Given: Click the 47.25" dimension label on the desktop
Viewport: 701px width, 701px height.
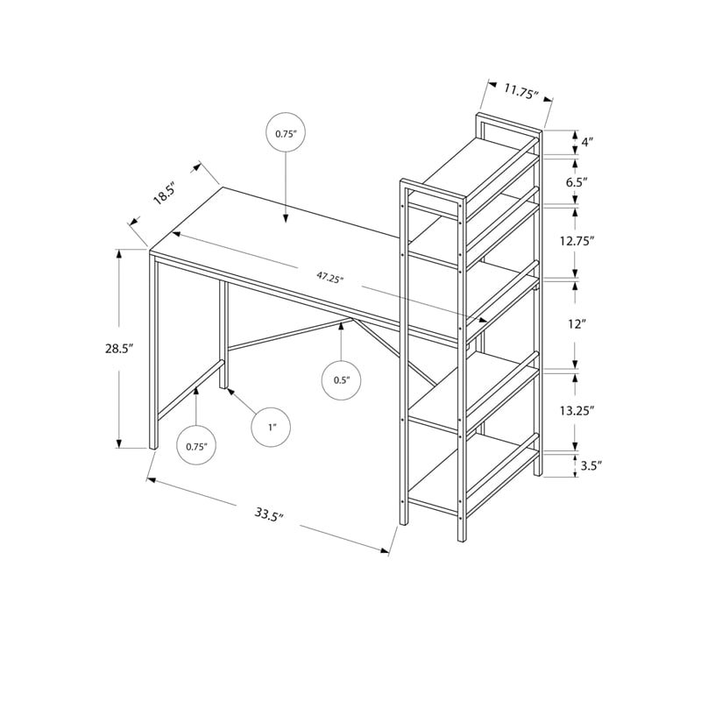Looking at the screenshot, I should (x=329, y=278).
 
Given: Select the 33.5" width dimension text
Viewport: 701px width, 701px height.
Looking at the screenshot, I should (x=266, y=514).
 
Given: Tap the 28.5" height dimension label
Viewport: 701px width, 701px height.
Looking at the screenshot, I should (x=117, y=349).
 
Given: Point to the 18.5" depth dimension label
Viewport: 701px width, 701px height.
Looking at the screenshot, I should (x=164, y=192).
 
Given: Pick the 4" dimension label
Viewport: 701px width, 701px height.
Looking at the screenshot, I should (x=587, y=141).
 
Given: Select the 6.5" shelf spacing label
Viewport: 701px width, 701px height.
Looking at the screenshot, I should (x=587, y=182).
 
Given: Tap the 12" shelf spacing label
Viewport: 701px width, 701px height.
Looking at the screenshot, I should (x=576, y=324).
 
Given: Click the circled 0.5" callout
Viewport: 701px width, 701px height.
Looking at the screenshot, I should (x=341, y=380).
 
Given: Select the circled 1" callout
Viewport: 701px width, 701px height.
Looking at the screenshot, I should (x=273, y=428).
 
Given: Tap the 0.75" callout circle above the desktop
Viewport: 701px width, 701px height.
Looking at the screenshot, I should (x=287, y=134).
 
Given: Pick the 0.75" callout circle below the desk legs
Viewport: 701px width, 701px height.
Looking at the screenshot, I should (x=195, y=446).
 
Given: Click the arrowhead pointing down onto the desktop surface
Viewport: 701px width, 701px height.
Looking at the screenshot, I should (x=287, y=220).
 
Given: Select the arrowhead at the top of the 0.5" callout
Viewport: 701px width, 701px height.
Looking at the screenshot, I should (x=341, y=325).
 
